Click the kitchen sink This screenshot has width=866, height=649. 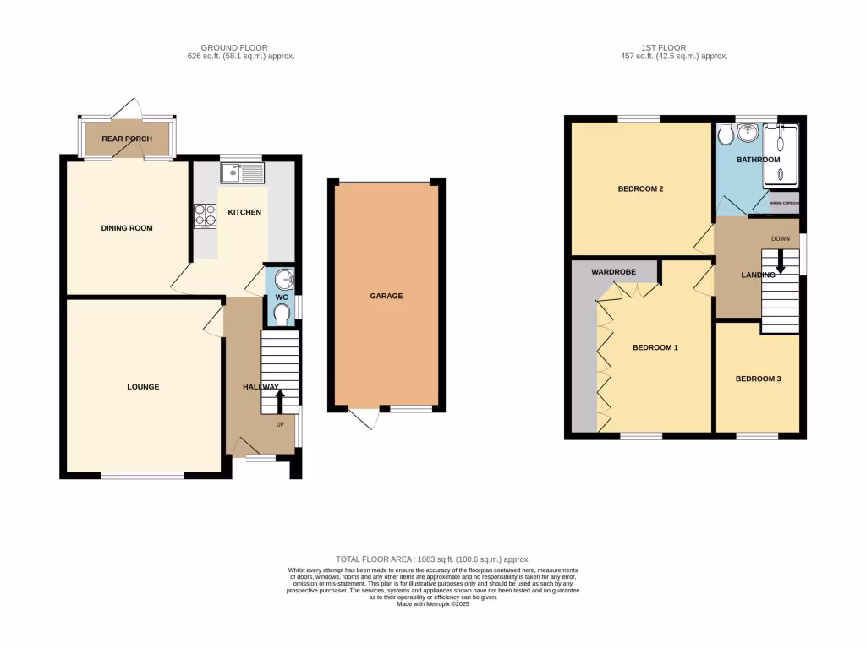tap(243, 173)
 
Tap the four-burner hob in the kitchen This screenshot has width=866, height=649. tap(206, 216)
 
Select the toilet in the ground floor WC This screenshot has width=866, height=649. tap(282, 314)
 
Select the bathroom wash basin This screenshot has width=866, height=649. tap(747, 134)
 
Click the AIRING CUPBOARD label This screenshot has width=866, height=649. tap(783, 203)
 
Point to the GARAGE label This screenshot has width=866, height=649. tap(386, 297)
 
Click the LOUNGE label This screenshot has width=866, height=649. tap(144, 387)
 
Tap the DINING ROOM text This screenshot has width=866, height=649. tap(127, 228)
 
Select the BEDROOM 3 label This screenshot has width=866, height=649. tap(758, 379)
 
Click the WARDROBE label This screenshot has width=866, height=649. tap(614, 273)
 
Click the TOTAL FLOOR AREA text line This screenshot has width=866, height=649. tap(433, 559)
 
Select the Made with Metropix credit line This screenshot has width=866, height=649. tap(433, 603)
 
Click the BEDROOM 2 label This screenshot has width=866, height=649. tap(639, 188)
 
